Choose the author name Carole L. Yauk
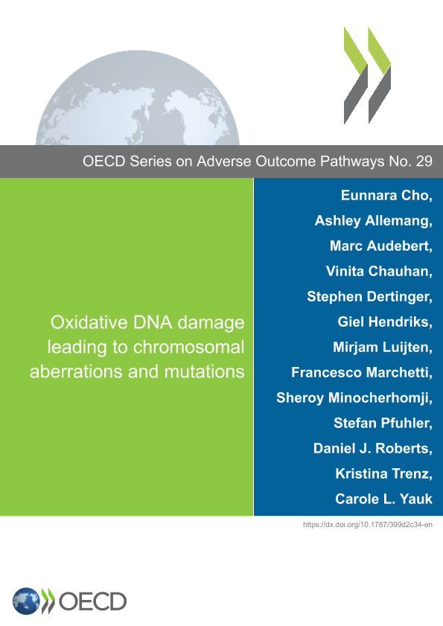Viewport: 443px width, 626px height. [x=384, y=499]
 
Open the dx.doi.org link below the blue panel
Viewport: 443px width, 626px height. [x=368, y=525]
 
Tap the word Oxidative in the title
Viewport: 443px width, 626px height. [x=89, y=322]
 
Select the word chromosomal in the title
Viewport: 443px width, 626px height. [x=188, y=347]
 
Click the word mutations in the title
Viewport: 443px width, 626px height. [x=204, y=371]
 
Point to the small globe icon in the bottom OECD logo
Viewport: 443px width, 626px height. [x=26, y=601]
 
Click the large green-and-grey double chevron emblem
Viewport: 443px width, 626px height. [x=368, y=75]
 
